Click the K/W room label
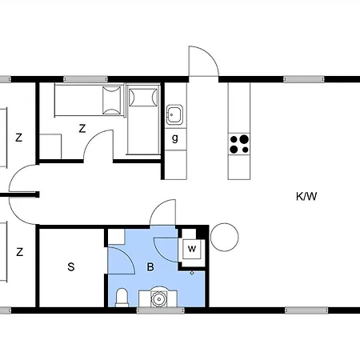(x=306, y=197)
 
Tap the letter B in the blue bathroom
(x=150, y=267)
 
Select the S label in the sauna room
(x=71, y=267)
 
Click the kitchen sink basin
(x=174, y=114)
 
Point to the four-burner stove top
(x=239, y=144)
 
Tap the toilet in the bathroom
(x=122, y=298)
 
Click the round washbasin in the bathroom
(x=159, y=298)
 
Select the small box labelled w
(x=192, y=249)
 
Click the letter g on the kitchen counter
(x=175, y=138)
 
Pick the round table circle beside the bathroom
(x=225, y=237)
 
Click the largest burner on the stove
(x=244, y=139)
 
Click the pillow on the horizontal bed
(x=112, y=100)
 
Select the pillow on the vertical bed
(x=143, y=98)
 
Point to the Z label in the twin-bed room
(x=82, y=129)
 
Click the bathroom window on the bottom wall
(x=161, y=310)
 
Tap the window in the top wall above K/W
(x=304, y=79)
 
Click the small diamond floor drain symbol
(x=192, y=273)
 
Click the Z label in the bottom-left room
(x=19, y=252)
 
